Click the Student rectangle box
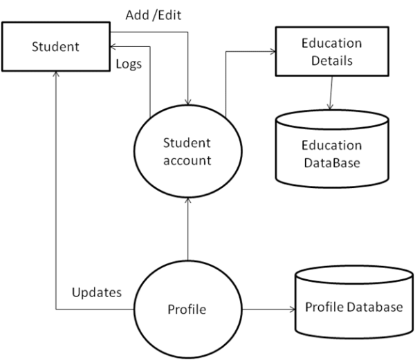[56, 48]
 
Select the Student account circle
[187, 151]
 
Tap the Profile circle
[187, 309]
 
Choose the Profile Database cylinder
[353, 308]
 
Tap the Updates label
[97, 292]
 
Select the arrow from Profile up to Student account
[187, 225]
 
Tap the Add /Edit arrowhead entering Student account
[187, 104]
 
